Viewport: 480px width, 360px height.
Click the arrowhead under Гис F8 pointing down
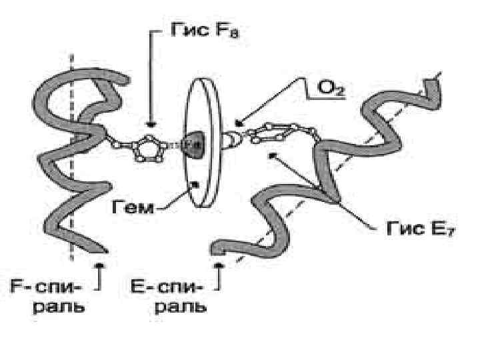pos(152,123)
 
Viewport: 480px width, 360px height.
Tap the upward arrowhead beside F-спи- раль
pos(100,266)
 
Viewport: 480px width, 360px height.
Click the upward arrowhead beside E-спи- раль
pos(219,266)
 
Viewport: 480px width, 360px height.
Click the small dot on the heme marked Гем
pos(195,184)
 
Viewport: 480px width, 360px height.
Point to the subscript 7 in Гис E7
pos(451,233)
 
